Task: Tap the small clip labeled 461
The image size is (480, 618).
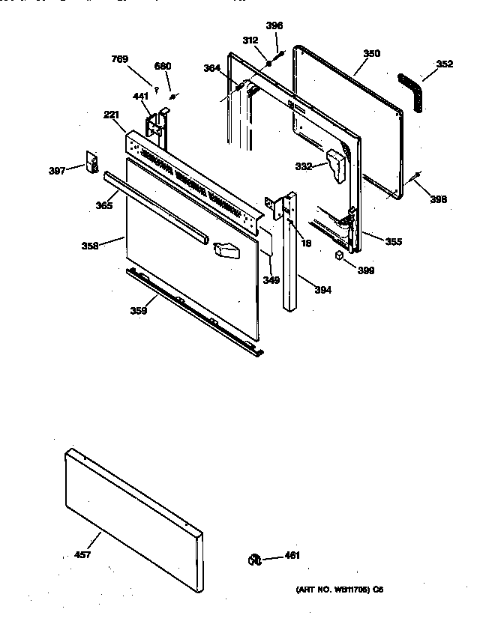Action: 254,557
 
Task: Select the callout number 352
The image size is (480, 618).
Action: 444,64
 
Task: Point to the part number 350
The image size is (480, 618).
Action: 371,54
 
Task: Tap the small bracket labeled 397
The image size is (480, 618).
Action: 94,163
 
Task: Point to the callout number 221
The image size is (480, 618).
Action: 112,115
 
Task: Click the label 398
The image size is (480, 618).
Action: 439,199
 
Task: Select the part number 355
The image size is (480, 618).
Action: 394,241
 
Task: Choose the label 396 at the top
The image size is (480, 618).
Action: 274,25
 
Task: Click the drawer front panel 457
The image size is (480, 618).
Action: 135,508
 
